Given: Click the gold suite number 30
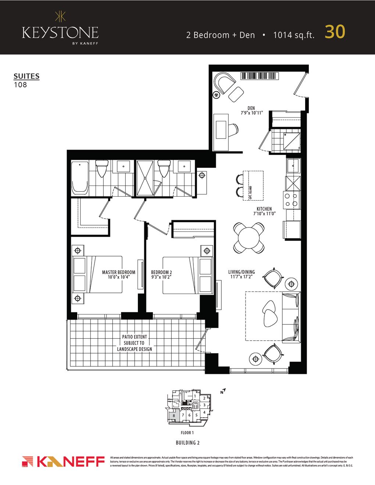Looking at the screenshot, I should click(x=335, y=32).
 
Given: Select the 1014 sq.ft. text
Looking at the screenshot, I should click(x=294, y=35).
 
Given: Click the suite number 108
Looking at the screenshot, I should click(x=20, y=85).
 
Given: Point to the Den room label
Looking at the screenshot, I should click(x=251, y=108).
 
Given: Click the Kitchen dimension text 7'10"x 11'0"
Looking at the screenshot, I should click(x=264, y=213).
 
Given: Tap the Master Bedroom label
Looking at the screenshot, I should click(x=118, y=272).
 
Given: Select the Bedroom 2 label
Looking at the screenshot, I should click(x=161, y=272).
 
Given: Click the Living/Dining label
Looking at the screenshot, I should click(x=242, y=272).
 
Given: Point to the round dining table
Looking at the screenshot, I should click(x=249, y=238).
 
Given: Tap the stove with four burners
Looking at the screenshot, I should click(x=292, y=200).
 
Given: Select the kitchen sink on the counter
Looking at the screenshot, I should click(x=293, y=166).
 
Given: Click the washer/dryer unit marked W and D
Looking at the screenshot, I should click(x=292, y=141).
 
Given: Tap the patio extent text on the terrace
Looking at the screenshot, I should click(x=135, y=343).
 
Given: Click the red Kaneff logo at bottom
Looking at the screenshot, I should click(x=63, y=461).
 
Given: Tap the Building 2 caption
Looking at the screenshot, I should click(x=187, y=443).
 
